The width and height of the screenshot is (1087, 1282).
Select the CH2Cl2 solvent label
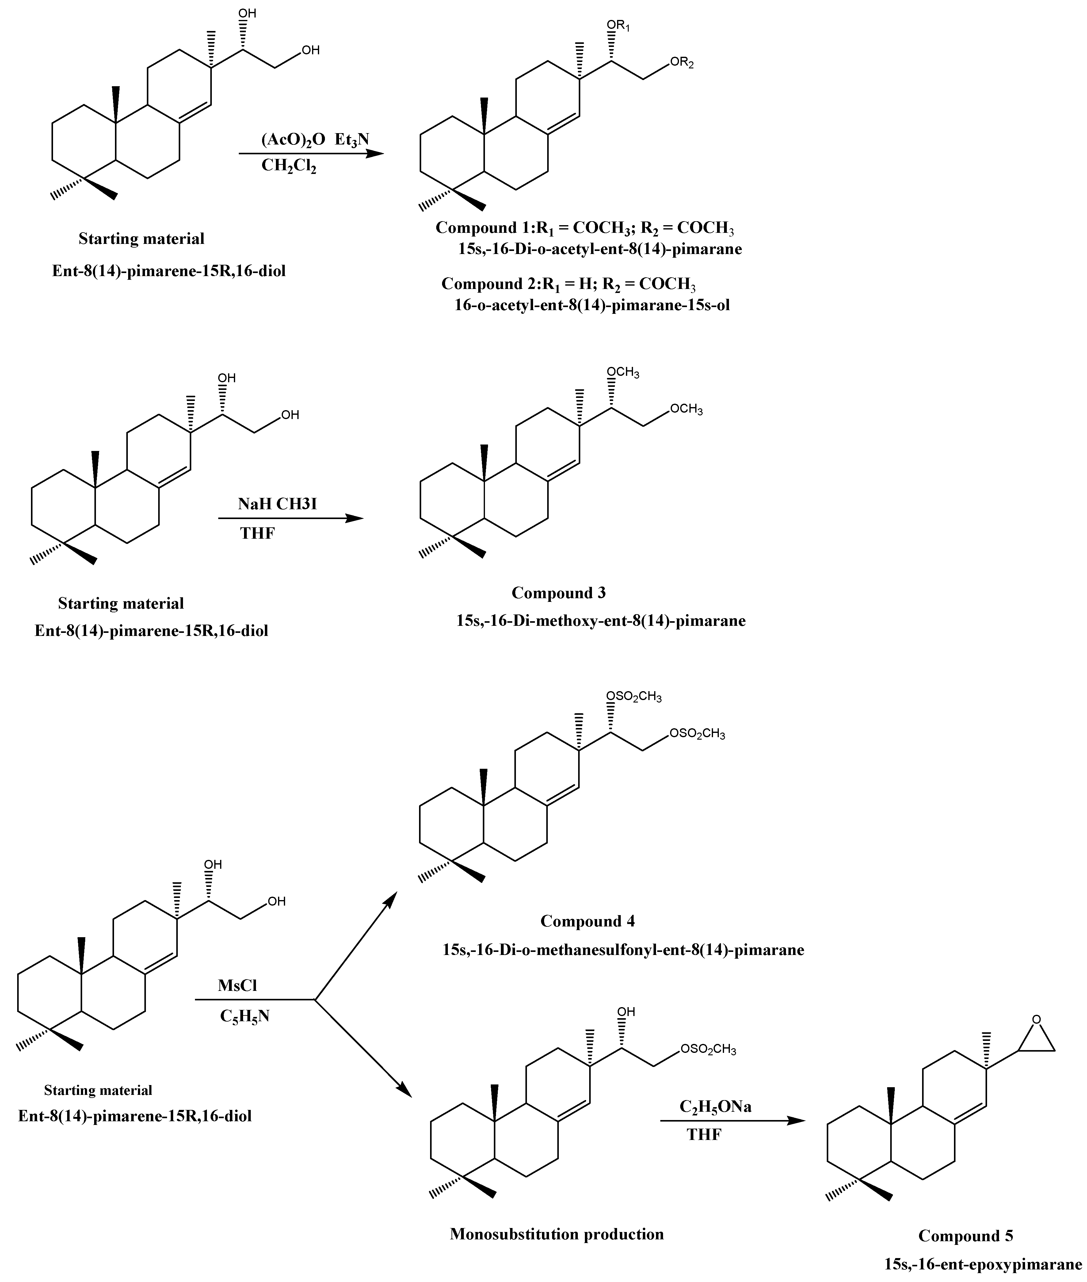288,167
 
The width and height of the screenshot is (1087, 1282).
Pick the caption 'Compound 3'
558,593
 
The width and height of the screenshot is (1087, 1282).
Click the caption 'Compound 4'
587,921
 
